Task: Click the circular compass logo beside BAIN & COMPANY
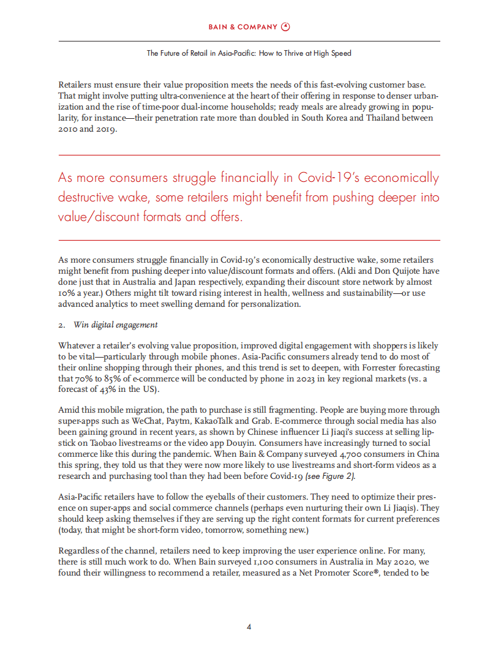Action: click(286, 26)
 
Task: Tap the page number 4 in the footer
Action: click(249, 626)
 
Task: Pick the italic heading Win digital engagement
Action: click(116, 325)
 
